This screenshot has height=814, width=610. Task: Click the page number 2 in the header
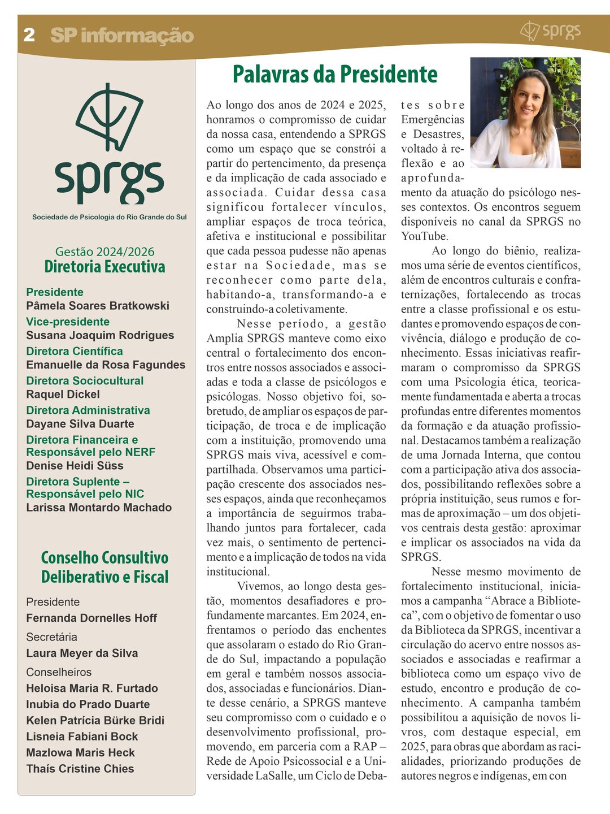tap(29, 35)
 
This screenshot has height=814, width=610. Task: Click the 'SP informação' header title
tap(122, 36)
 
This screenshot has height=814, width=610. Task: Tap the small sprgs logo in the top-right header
tap(550, 31)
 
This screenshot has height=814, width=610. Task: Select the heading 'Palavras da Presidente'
tap(335, 74)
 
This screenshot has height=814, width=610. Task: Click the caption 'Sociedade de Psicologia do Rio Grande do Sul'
tap(109, 217)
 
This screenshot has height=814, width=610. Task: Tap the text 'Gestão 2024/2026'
tap(104, 252)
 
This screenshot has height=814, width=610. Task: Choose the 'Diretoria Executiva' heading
tap(104, 267)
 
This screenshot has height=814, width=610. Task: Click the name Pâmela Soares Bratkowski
tap(98, 306)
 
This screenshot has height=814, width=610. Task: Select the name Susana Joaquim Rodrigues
tap(100, 335)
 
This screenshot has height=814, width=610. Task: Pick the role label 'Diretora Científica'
tap(75, 351)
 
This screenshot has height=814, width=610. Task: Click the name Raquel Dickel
tap(63, 394)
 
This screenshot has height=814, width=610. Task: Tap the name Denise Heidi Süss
tap(75, 466)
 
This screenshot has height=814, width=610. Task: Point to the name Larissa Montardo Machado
tap(99, 508)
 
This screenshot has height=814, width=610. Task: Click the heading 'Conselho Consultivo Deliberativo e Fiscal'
tap(104, 567)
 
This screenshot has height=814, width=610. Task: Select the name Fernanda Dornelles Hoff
tap(91, 618)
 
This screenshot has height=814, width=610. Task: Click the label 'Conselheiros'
tap(59, 672)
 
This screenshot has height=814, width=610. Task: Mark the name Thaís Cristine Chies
tap(80, 769)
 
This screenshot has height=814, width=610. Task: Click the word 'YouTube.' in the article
tap(425, 236)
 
